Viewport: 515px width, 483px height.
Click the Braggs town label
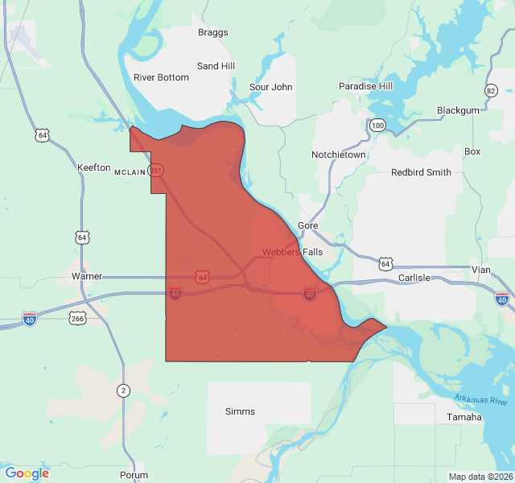coord(213,33)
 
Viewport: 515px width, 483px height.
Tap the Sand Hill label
coord(216,66)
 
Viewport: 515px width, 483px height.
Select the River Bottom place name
coord(161,78)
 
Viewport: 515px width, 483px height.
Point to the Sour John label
coord(271,87)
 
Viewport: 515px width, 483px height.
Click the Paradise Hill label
coord(365,86)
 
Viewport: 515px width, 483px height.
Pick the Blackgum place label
coord(458,110)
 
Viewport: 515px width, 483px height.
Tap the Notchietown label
coord(339,155)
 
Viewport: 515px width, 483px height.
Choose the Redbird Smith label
coord(421,172)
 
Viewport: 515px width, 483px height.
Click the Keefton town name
coord(93,167)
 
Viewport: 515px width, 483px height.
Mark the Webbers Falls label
coord(292,252)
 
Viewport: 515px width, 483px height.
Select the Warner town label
coord(87,276)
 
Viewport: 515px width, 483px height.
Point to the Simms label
coord(240,411)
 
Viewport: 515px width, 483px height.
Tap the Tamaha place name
coord(464,417)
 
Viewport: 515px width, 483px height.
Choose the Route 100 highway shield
coord(377,126)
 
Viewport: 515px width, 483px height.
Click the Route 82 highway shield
coord(492,91)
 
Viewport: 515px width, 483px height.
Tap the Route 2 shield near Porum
coord(123,390)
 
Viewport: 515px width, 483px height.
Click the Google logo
coord(27,473)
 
